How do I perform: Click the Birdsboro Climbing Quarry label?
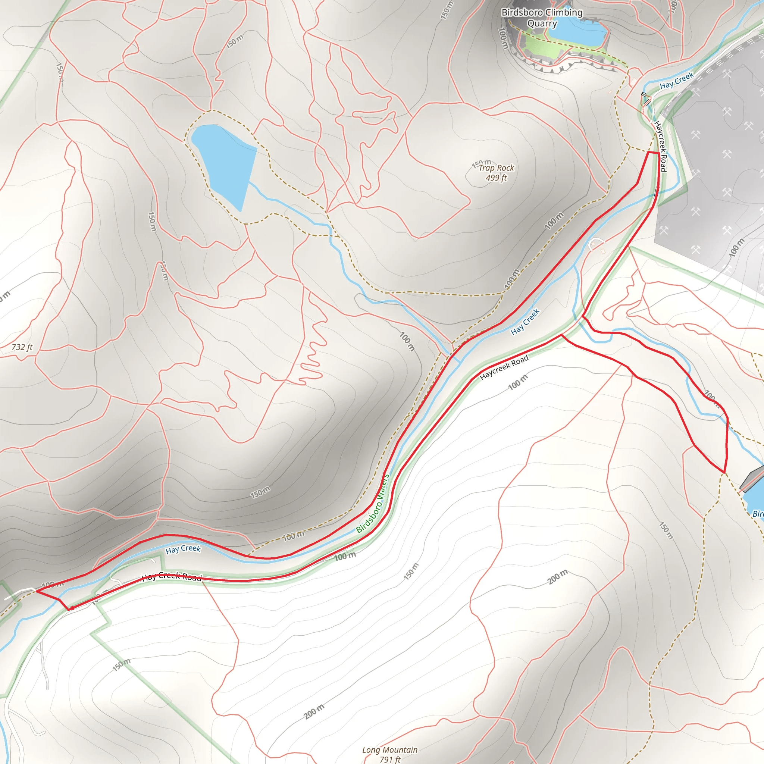tap(542, 18)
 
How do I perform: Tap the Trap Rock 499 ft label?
tap(496, 173)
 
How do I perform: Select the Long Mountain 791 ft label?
tap(389, 754)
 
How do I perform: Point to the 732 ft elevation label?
tap(22, 347)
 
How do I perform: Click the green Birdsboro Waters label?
tap(373, 503)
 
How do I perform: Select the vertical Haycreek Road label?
tap(660, 146)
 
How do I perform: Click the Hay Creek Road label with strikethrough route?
tap(172, 577)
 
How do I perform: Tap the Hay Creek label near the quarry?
tap(677, 80)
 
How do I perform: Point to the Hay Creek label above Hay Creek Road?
tap(183, 549)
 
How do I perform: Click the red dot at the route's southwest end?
tap(72, 608)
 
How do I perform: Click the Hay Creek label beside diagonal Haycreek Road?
tap(525, 322)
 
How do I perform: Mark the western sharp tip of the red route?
tap(37, 591)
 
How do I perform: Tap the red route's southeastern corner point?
tap(724, 472)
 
